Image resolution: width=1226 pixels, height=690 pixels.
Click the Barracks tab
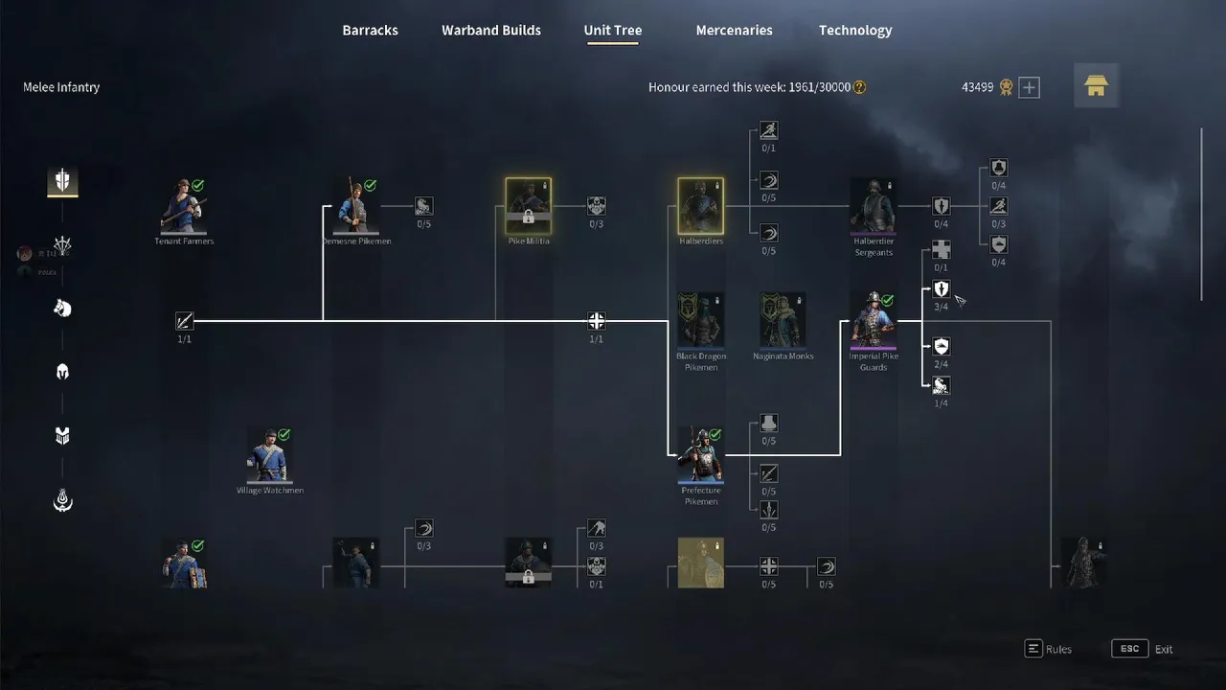coord(370,31)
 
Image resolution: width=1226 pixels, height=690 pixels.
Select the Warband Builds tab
coord(491,31)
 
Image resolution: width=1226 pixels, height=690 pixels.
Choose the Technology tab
coord(855,31)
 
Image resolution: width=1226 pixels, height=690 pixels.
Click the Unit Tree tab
coord(613,31)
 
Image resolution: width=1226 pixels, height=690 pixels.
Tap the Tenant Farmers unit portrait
coord(184,205)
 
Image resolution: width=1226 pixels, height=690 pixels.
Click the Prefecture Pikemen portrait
coord(701,455)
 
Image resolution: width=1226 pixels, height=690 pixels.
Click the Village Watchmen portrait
coord(270,455)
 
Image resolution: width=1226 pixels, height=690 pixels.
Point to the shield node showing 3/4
coord(942,289)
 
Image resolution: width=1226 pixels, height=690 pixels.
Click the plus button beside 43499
coord(1029,88)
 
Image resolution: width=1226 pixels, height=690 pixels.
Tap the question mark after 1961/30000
coord(859,87)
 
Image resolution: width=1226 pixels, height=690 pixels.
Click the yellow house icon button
coord(1096,86)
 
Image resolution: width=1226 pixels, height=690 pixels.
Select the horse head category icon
coord(62,308)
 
